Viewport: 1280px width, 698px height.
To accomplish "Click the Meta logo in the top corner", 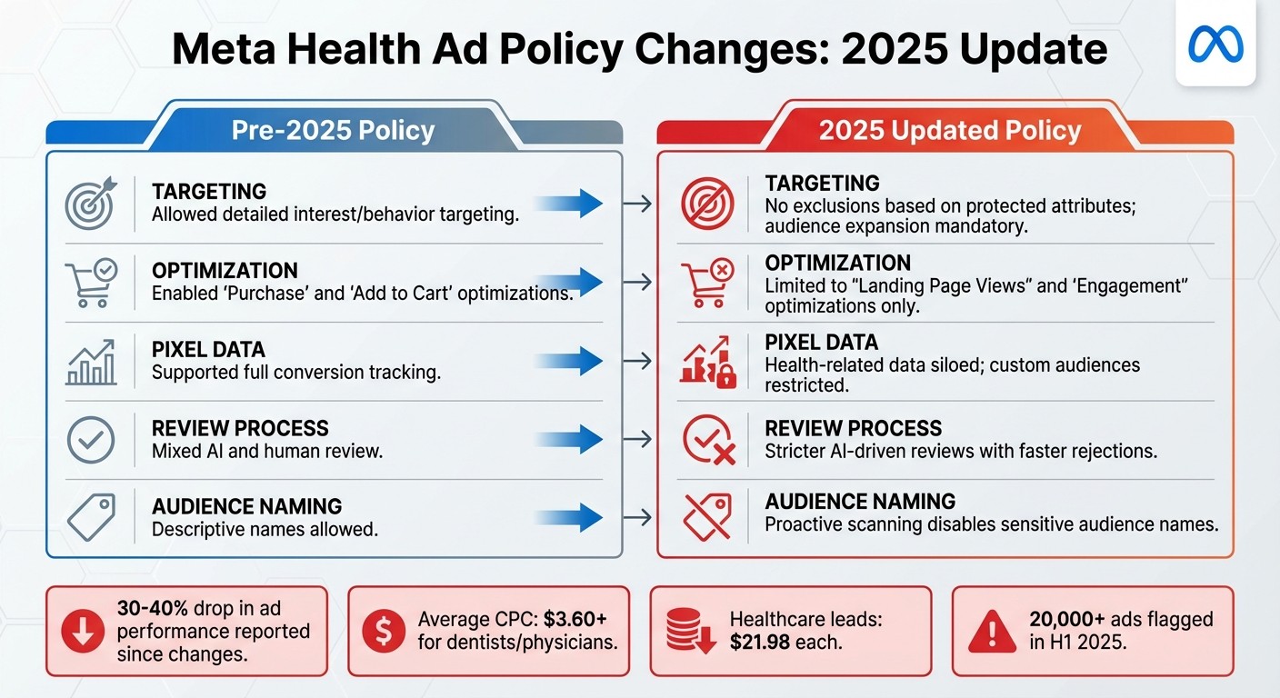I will point(1215,44).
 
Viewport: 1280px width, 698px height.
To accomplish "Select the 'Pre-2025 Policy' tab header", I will point(333,130).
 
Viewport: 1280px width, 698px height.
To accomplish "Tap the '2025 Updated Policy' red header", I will point(950,130).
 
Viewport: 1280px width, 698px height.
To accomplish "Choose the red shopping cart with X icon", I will point(707,281).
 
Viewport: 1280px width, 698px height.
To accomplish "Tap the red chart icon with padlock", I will point(707,363).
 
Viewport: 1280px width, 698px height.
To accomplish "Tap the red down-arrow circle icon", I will point(83,632).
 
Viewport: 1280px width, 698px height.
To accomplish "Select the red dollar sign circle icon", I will point(384,632).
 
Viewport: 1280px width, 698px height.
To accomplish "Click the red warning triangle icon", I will point(992,632).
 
